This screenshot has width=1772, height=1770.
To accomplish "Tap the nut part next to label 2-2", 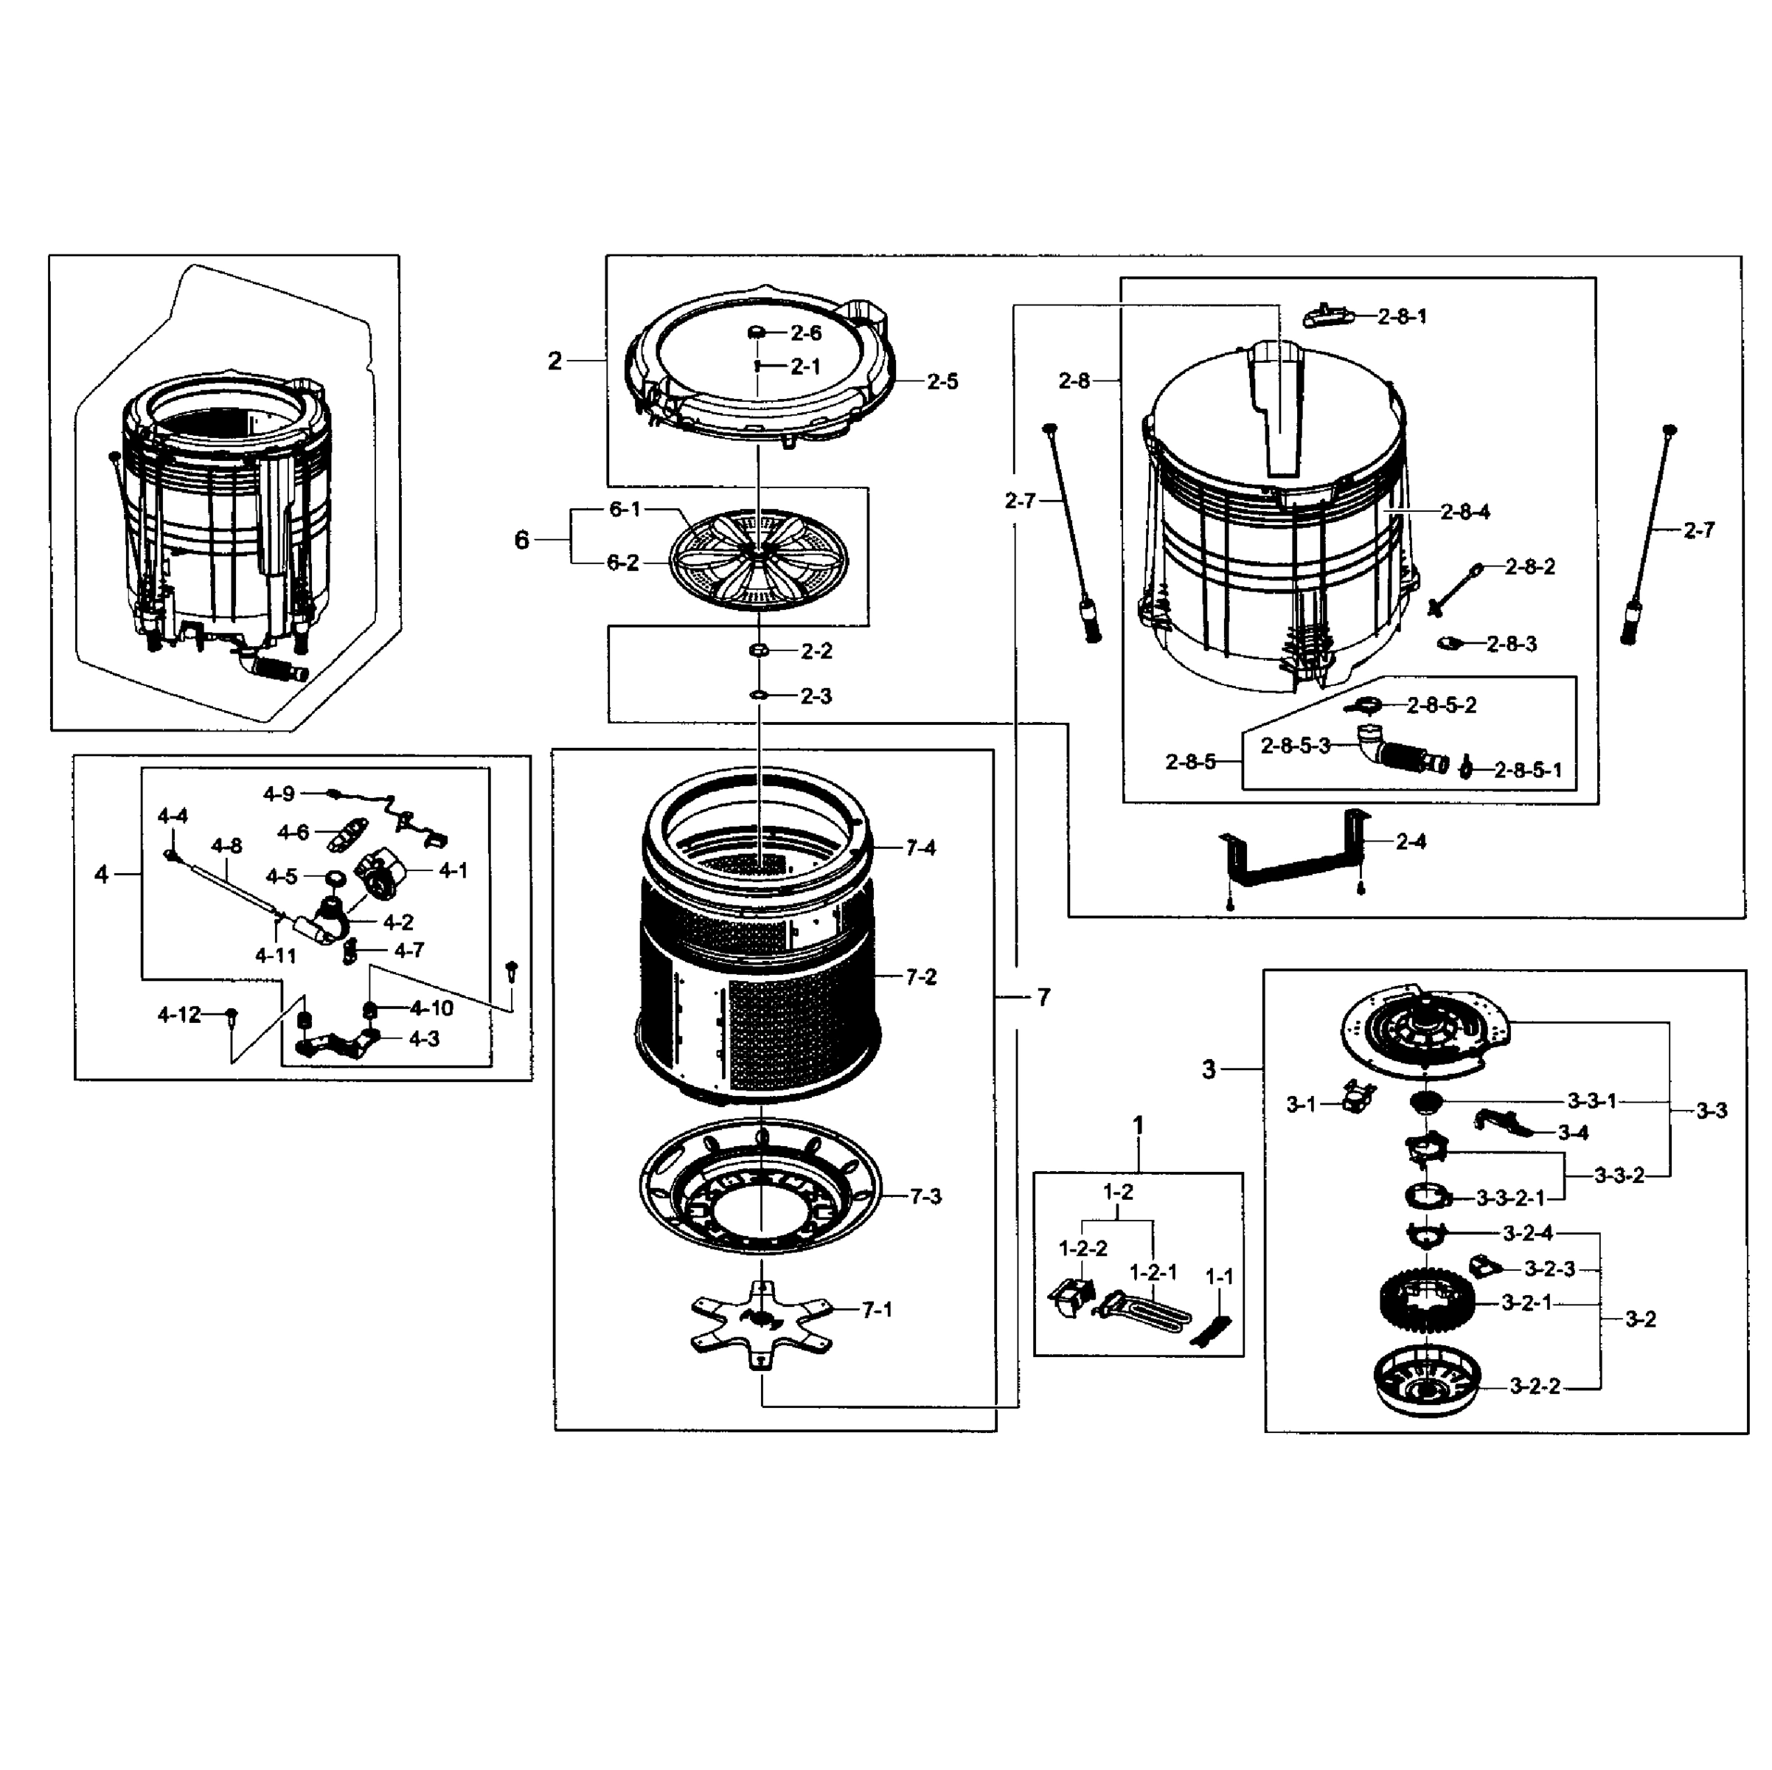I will [x=759, y=650].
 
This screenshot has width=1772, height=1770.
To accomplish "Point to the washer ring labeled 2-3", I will [x=759, y=696].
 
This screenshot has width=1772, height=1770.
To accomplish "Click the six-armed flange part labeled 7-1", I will [x=760, y=1322].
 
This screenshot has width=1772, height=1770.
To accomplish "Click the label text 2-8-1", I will [x=1403, y=316].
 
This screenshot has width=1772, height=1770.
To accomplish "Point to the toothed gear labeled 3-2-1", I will [x=1427, y=1303].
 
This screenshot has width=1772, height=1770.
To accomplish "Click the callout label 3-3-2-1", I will [x=1511, y=1198].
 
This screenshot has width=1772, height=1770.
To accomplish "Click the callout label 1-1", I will [x=1219, y=1277].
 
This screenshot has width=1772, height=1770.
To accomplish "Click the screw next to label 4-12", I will [x=231, y=1014].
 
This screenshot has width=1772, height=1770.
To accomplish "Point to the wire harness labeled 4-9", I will [x=395, y=813].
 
